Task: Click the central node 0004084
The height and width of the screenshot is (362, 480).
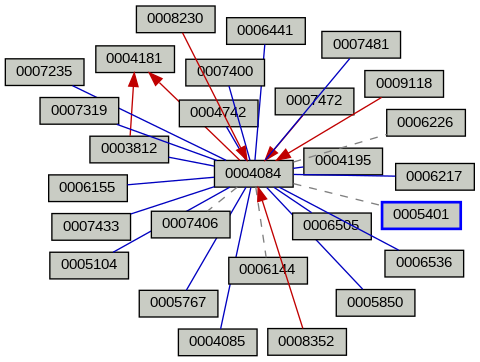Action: [253, 174]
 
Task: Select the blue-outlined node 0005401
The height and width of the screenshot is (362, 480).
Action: [421, 215]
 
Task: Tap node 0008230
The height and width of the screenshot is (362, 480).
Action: [175, 17]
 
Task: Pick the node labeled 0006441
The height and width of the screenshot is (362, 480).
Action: [265, 30]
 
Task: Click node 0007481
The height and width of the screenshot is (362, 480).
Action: [360, 44]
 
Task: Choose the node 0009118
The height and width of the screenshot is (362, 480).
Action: [404, 83]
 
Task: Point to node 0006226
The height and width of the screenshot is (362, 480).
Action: [424, 122]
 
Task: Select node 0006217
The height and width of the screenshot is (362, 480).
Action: [434, 176]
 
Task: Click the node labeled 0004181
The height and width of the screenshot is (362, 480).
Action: [134, 58]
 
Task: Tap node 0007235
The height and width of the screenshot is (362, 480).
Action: [44, 72]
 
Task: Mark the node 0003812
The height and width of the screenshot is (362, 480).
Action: [129, 149]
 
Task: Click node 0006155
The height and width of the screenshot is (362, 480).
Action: [87, 186]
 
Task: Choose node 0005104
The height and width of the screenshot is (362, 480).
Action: [88, 265]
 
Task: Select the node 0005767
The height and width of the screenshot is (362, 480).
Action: [178, 301]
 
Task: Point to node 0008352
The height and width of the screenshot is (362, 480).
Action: [306, 341]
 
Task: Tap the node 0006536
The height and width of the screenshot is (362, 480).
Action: [424, 263]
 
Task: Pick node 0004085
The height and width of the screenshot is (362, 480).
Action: [217, 341]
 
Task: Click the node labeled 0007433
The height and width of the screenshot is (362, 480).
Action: [90, 227]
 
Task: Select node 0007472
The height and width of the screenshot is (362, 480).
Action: [314, 100]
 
